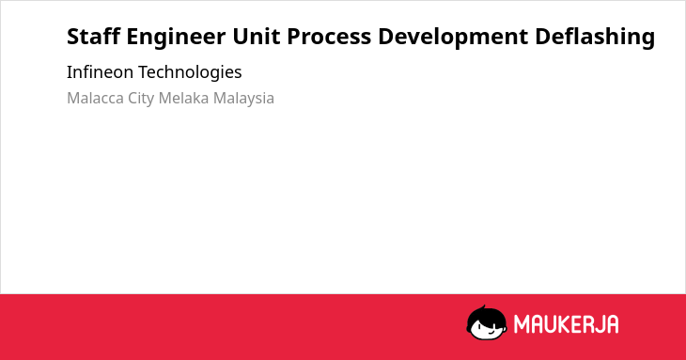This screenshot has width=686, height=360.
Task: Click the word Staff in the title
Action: [x=93, y=36]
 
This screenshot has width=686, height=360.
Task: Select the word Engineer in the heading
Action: [x=176, y=38]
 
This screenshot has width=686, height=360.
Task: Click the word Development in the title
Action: [x=453, y=38]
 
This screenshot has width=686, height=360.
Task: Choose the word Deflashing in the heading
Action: [x=595, y=38]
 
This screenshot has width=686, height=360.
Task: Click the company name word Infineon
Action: [x=100, y=71]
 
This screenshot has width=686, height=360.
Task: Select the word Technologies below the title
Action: [x=190, y=72]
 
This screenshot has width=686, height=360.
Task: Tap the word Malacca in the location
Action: [x=95, y=98]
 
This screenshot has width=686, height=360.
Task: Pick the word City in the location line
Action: [x=141, y=99]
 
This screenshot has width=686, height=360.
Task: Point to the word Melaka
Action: [x=184, y=98]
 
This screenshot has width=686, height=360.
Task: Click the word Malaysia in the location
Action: [x=243, y=99]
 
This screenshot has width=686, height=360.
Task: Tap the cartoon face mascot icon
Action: [x=487, y=322]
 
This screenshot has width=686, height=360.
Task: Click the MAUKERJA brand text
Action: [x=566, y=324]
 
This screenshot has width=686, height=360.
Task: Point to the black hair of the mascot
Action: [x=486, y=314]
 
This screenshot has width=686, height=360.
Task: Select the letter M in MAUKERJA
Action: [x=522, y=324]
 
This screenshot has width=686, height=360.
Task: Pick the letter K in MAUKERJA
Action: [x=561, y=324]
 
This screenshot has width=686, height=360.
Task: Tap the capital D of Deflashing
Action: [x=543, y=36]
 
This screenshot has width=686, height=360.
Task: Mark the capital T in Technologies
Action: [x=144, y=71]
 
